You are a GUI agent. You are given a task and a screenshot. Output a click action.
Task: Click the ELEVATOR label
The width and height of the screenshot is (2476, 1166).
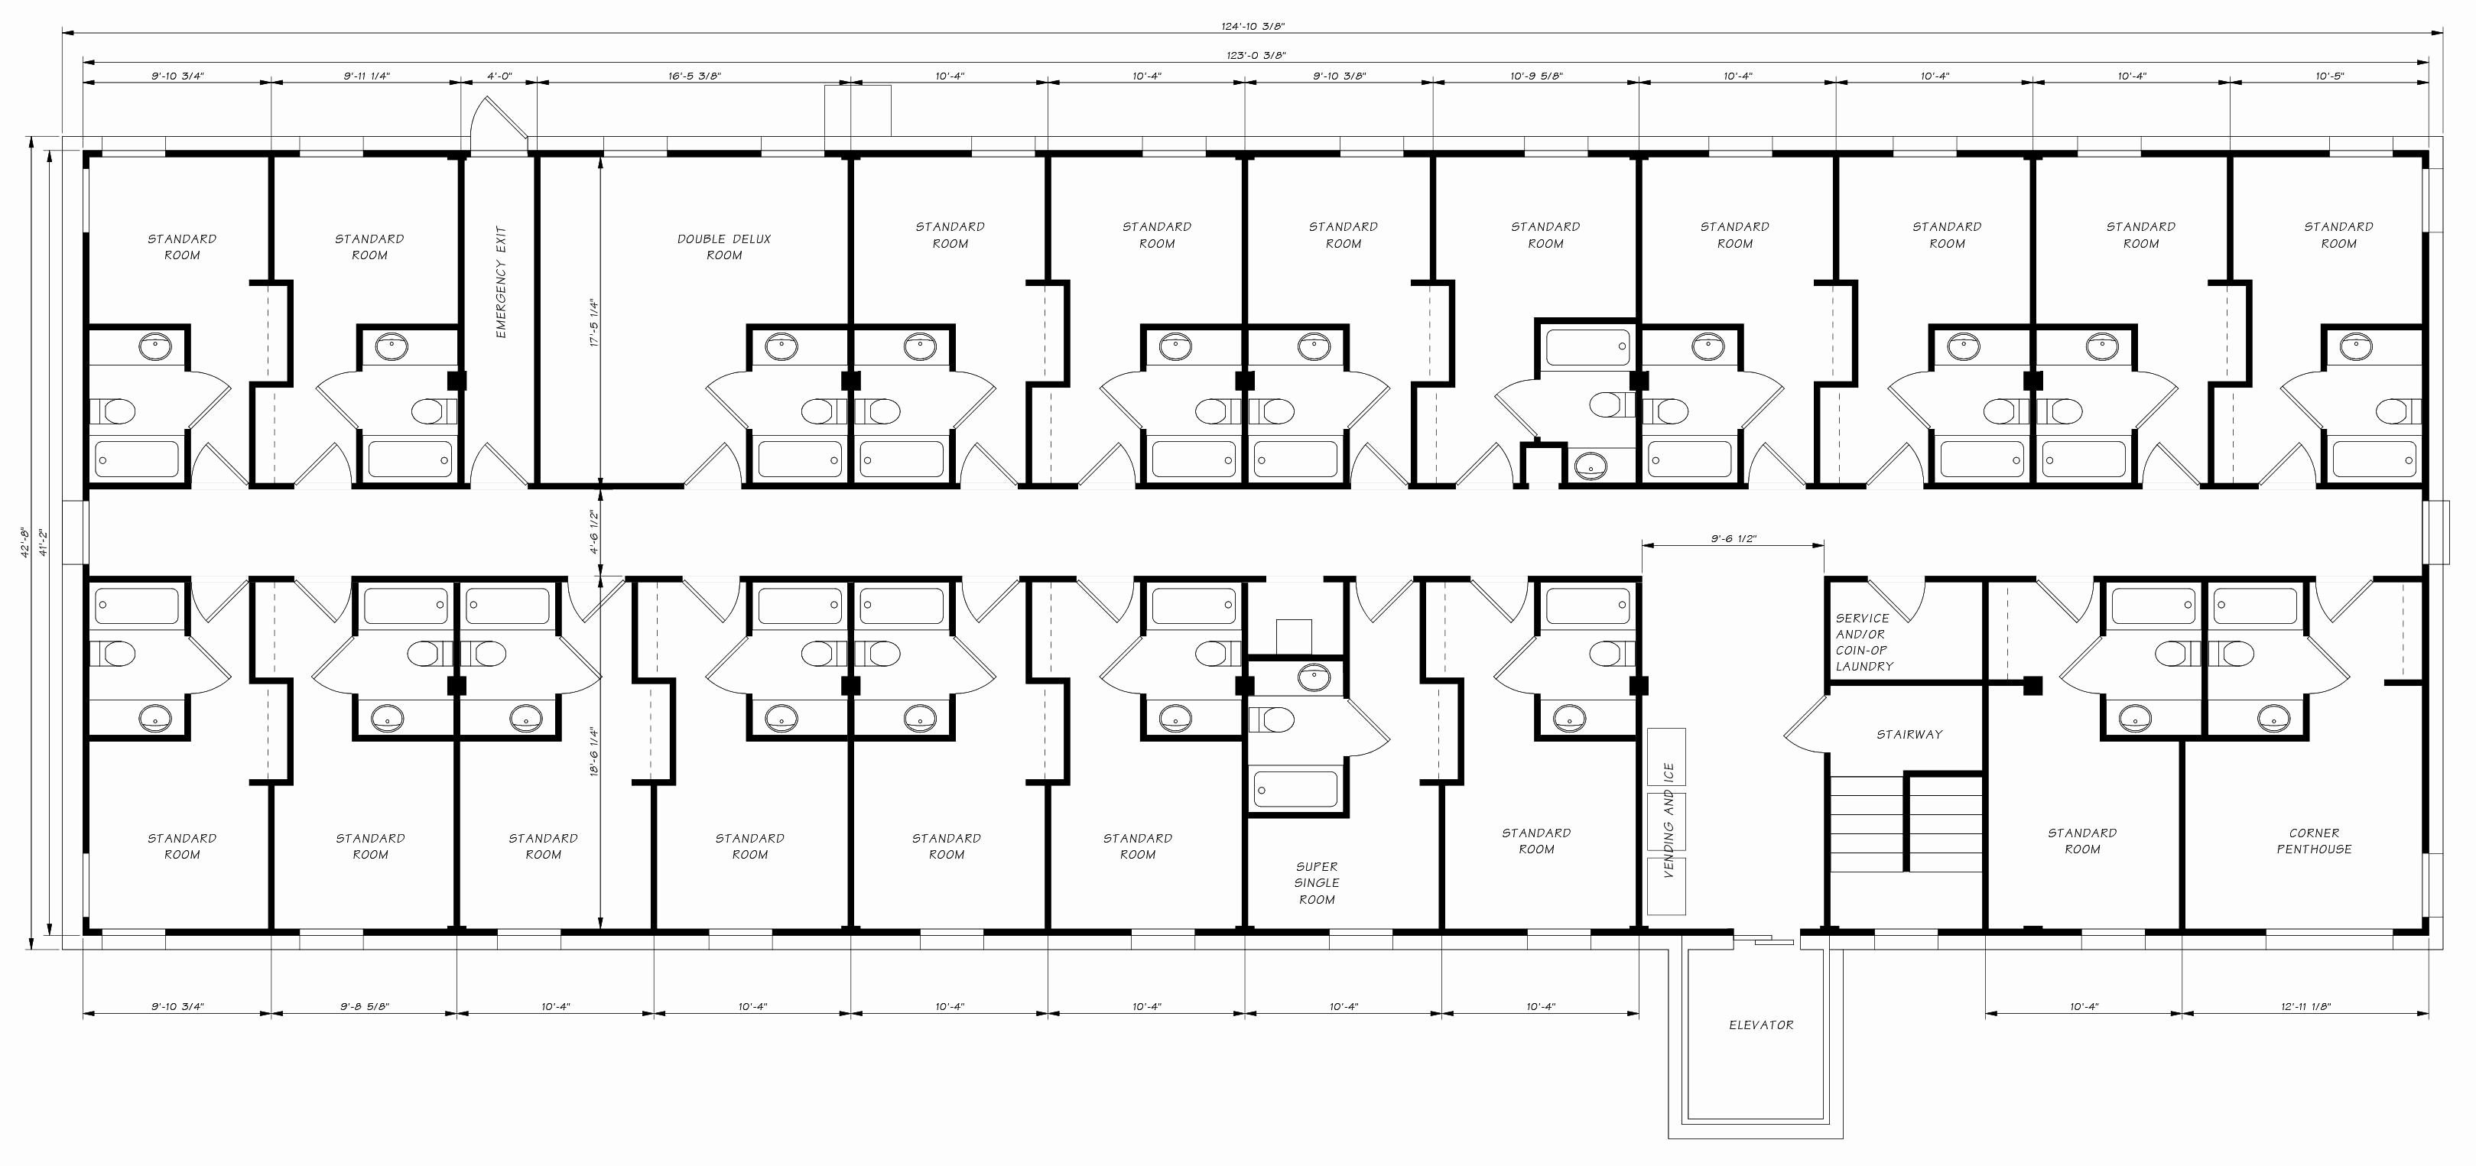[1761, 1025]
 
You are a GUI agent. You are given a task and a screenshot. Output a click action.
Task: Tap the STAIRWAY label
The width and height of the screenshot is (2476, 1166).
[1909, 735]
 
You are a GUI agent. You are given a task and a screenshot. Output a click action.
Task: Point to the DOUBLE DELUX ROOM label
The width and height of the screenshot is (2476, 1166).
[724, 247]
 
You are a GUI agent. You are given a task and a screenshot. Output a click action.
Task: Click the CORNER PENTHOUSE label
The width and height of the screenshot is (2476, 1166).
[2314, 841]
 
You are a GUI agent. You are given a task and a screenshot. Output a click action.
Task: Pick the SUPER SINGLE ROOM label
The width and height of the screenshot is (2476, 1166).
[1317, 882]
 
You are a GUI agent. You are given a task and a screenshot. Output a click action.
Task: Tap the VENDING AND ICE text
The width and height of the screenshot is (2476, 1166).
[1668, 820]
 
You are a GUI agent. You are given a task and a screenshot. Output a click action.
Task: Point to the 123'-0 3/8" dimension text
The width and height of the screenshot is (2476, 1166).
[1256, 56]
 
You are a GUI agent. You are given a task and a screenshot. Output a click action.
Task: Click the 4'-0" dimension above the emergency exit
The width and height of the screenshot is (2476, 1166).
[499, 76]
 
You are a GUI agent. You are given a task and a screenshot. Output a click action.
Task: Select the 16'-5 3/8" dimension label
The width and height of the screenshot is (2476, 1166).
[694, 76]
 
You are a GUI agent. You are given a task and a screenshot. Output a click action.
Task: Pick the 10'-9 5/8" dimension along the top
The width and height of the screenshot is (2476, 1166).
[1536, 76]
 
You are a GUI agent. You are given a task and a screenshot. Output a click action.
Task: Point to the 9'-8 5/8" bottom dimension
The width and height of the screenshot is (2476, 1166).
[364, 1006]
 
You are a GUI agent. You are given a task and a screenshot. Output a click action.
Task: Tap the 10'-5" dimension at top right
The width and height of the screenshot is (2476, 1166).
[2329, 76]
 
